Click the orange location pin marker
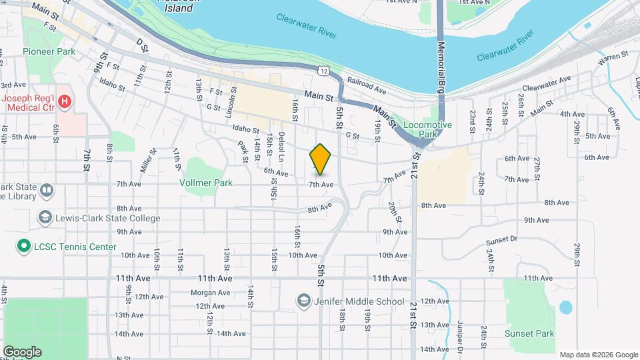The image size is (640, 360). pos(321,159)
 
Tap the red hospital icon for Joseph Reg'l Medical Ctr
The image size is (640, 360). pos(65,102)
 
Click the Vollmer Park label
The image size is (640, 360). pos(205,181)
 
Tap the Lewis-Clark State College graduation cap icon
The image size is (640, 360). pos(45,218)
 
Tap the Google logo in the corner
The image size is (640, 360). pos(22,352)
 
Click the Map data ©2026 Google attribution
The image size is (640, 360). pos(598,355)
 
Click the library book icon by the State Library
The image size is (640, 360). pos(46,191)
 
